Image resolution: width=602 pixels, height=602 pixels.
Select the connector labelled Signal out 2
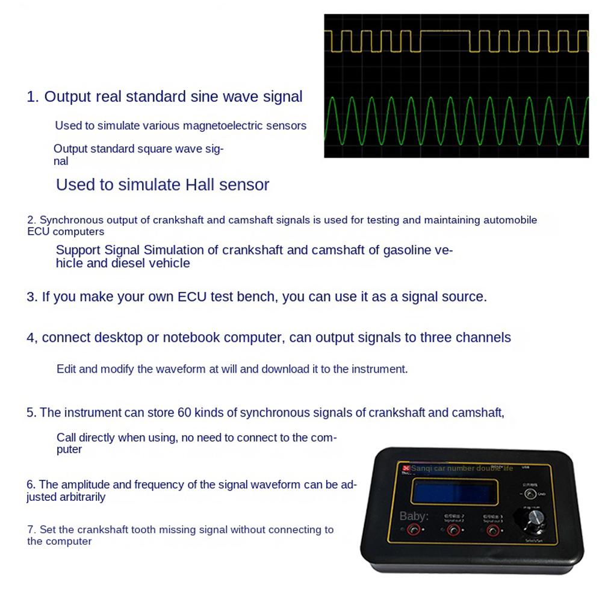[453, 530]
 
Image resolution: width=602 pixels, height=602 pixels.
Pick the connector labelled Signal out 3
[493, 530]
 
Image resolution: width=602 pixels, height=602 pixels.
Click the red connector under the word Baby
[414, 530]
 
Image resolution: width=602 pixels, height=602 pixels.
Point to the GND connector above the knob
[529, 494]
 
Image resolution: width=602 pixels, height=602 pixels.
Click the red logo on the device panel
[406, 468]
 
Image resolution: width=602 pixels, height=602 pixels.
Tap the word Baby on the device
[414, 516]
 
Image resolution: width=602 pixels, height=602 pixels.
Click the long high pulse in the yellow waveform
[444, 30]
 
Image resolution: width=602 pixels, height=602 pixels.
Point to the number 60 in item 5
[184, 413]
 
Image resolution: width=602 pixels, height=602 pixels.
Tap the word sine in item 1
[205, 97]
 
